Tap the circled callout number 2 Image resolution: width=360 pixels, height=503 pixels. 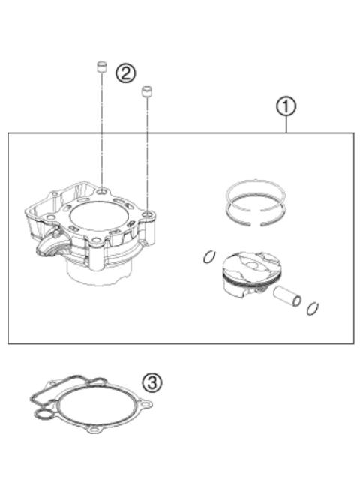coord(125,73)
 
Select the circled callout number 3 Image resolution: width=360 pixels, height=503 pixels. coord(153,382)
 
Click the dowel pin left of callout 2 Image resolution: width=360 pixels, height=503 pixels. coord(98,70)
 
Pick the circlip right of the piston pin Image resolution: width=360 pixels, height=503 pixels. coord(314,307)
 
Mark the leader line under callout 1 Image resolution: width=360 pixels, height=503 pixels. coord(286,125)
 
